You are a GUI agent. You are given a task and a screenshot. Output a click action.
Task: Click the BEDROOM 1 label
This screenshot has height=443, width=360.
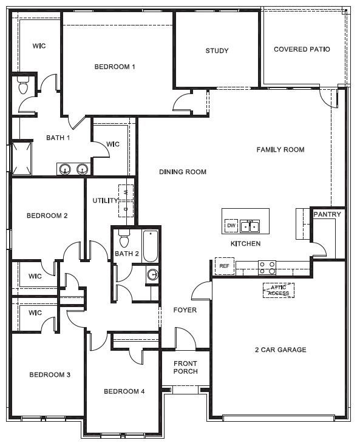click(114, 67)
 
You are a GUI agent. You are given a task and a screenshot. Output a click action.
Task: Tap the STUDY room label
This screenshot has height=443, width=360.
click(217, 51)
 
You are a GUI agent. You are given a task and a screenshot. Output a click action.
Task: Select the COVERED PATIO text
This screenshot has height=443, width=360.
click(302, 50)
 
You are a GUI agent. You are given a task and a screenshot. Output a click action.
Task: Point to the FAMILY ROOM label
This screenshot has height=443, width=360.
click(280, 150)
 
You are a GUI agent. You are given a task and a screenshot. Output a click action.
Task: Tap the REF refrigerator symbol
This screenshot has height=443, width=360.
click(224, 266)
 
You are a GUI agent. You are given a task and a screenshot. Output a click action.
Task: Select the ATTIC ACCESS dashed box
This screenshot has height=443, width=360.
click(279, 291)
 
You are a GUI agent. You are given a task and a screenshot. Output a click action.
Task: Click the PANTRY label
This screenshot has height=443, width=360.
click(327, 214)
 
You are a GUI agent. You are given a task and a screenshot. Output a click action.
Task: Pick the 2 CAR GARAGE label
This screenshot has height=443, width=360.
click(280, 350)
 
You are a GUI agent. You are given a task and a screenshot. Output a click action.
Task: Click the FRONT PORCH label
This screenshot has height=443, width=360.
click(185, 368)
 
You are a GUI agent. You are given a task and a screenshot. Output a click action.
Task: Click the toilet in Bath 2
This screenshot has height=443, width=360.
click(124, 234)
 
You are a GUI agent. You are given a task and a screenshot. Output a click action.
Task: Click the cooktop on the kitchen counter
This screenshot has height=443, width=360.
click(267, 268)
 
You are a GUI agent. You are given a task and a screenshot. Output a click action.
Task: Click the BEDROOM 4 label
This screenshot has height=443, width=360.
click(124, 391)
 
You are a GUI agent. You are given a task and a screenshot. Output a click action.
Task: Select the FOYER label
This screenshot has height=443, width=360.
click(185, 310)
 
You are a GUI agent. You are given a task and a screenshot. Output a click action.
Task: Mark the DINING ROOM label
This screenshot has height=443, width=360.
click(183, 172)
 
